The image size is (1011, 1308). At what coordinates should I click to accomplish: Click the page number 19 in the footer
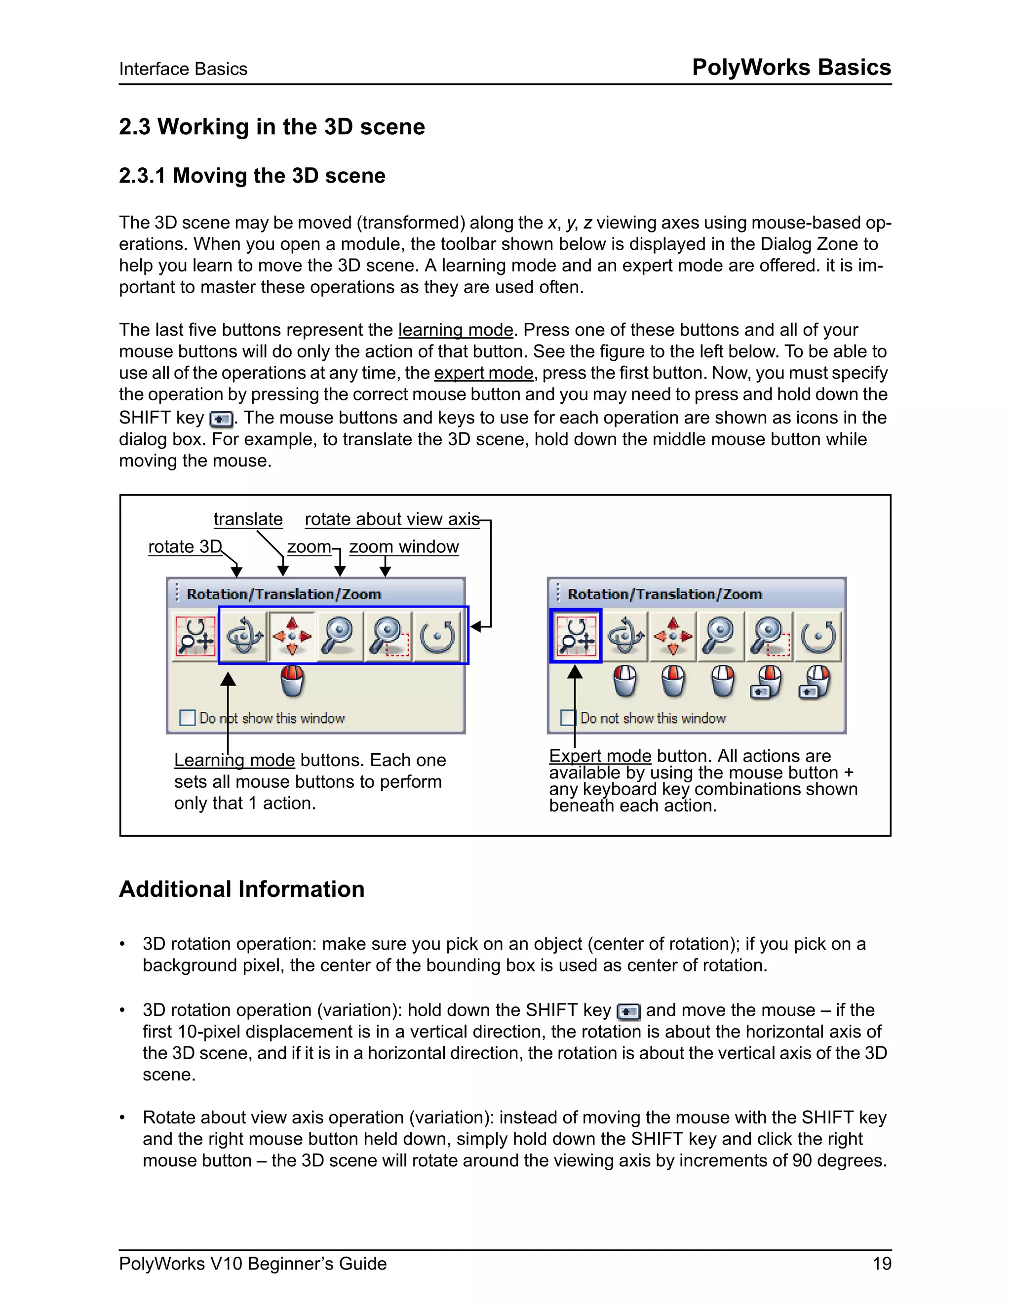pyautogui.click(x=882, y=1263)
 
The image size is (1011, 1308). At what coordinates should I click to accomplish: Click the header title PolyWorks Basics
pyautogui.click(x=791, y=67)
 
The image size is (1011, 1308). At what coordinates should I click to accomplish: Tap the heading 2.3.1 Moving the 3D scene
pyautogui.click(x=252, y=176)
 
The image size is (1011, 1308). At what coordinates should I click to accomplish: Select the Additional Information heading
pyautogui.click(x=241, y=889)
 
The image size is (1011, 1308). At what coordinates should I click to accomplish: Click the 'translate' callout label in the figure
pyautogui.click(x=248, y=519)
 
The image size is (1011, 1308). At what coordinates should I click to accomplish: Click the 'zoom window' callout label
pyautogui.click(x=404, y=546)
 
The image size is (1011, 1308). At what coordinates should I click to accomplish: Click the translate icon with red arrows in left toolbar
pyautogui.click(x=292, y=636)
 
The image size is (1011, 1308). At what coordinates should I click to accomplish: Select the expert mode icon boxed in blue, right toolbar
pyautogui.click(x=576, y=636)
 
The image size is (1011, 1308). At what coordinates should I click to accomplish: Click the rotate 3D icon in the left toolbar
pyautogui.click(x=243, y=636)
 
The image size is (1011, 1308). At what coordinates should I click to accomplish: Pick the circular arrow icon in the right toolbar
pyautogui.click(x=818, y=636)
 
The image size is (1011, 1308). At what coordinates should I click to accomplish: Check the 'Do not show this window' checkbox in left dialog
pyautogui.click(x=188, y=718)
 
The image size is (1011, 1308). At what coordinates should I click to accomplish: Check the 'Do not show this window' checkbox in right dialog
pyautogui.click(x=568, y=718)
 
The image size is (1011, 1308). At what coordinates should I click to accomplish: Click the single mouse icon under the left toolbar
pyautogui.click(x=292, y=682)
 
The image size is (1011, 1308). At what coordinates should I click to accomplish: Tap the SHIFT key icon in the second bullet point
pyautogui.click(x=628, y=1011)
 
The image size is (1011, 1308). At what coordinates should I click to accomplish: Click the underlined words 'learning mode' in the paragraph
pyautogui.click(x=455, y=330)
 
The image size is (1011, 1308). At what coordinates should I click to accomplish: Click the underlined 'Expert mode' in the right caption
pyautogui.click(x=600, y=756)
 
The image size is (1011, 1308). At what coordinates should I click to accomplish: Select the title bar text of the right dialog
pyautogui.click(x=664, y=594)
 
